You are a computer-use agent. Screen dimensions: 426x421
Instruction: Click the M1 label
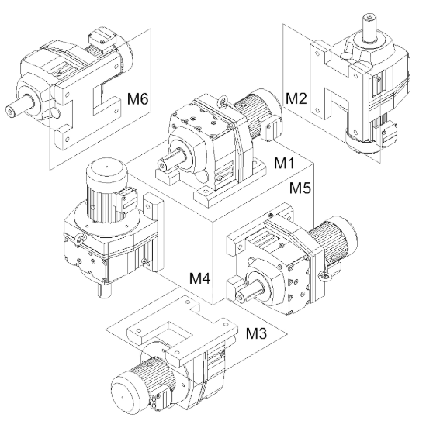click(284, 163)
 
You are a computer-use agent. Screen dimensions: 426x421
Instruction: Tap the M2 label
click(296, 98)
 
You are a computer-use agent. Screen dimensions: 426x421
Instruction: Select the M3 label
click(257, 333)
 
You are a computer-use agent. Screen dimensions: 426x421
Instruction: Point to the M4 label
click(200, 278)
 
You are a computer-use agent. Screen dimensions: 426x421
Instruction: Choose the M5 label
click(300, 188)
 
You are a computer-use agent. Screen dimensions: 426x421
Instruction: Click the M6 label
click(138, 98)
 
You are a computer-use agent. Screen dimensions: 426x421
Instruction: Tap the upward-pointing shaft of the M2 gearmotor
click(371, 28)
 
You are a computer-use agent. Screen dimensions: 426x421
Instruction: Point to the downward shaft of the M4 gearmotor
click(104, 290)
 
